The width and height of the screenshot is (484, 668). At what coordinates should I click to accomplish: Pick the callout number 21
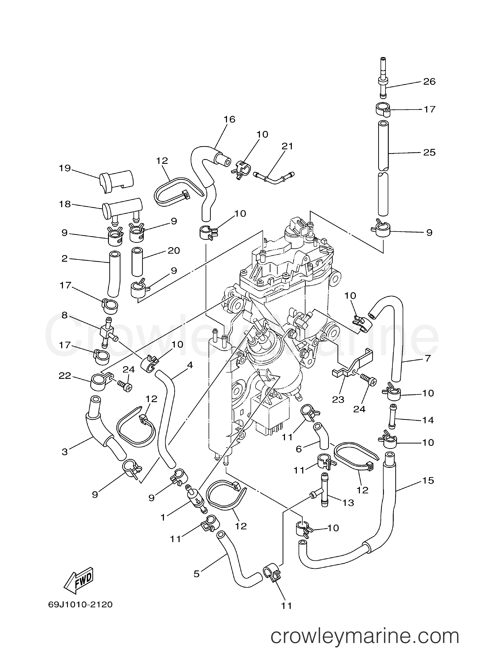tap(287, 146)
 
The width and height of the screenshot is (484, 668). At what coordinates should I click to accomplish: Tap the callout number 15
tap(428, 481)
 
